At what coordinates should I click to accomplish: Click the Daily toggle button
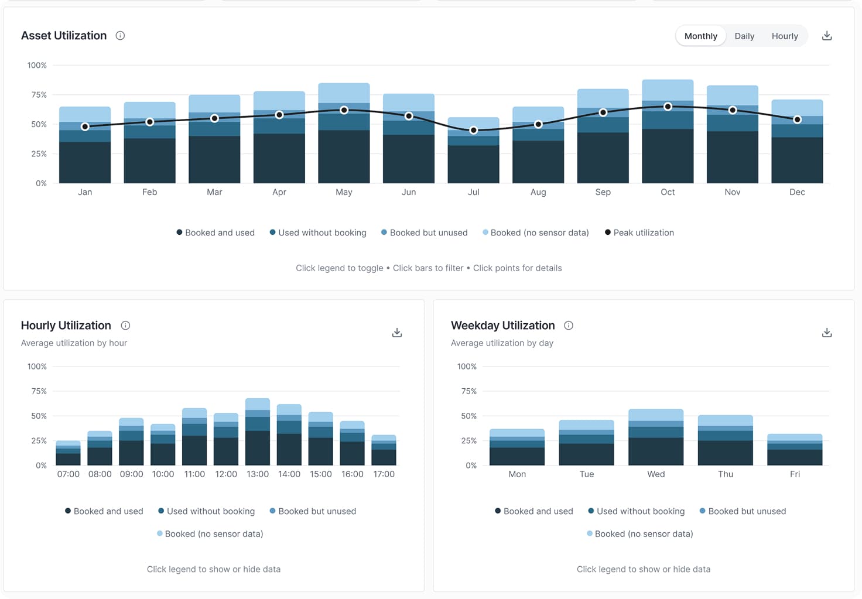[x=744, y=36]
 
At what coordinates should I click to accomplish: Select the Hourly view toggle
[x=785, y=36]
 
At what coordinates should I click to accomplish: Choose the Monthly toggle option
[x=700, y=36]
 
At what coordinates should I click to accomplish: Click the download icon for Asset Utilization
[x=827, y=36]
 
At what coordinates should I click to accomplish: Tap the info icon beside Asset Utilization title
[x=120, y=36]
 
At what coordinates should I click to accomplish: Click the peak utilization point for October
[x=668, y=107]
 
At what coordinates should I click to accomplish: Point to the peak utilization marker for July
[x=474, y=130]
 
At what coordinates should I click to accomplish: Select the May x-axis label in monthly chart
[x=344, y=192]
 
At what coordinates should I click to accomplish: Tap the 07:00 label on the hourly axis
[x=69, y=474]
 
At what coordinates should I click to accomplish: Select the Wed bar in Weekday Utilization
[x=656, y=437]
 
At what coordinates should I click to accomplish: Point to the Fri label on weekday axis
[x=795, y=474]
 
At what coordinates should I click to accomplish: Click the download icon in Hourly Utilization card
[x=397, y=333]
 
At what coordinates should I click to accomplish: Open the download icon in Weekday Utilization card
[x=827, y=333]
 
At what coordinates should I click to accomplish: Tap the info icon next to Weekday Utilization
[x=569, y=326]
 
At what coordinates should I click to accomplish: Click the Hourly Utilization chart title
[x=66, y=326]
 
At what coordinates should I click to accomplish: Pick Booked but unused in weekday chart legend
[x=743, y=511]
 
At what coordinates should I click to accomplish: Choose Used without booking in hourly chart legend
[x=206, y=511]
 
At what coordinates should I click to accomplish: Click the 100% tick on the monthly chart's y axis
[x=37, y=66]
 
